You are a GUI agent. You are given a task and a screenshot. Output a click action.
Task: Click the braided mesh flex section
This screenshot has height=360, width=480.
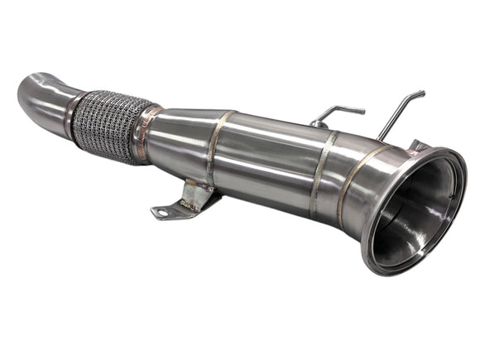click(103, 126)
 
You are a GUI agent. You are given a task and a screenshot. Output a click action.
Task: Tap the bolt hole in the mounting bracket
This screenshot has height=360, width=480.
click(161, 213)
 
